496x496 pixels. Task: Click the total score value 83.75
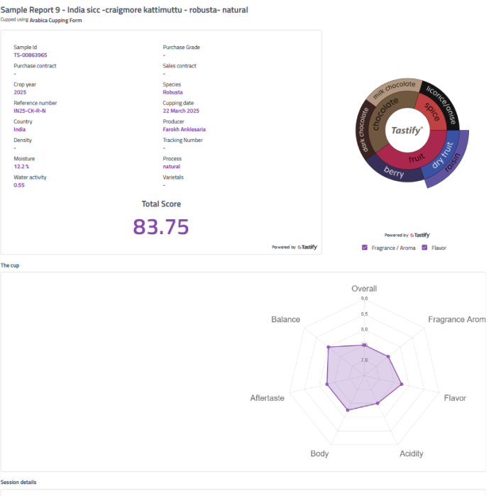point(161,226)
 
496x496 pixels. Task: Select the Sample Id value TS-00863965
point(31,55)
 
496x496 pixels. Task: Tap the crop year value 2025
point(20,92)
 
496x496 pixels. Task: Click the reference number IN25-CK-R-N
point(30,111)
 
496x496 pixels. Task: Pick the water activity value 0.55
point(19,184)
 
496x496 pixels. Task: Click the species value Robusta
point(172,92)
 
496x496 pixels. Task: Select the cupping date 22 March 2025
point(181,111)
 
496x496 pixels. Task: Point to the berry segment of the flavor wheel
point(393,172)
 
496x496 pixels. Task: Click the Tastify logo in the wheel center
point(407,131)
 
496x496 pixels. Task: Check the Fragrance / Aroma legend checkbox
point(365,248)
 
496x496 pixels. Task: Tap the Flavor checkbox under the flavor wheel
point(424,248)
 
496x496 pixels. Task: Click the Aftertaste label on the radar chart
point(267,398)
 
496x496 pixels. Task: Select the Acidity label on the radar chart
point(412,453)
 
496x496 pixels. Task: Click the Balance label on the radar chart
point(285,319)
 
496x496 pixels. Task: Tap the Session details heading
point(18,482)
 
